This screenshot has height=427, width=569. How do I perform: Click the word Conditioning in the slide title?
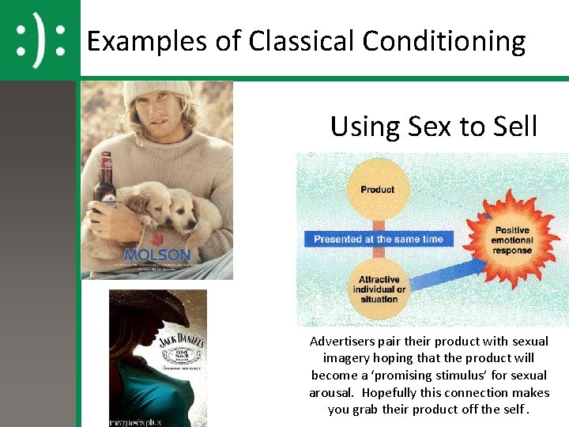(x=447, y=41)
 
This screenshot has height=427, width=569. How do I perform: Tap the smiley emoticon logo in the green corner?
(x=40, y=40)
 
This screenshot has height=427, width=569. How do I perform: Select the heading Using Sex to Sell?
(x=434, y=126)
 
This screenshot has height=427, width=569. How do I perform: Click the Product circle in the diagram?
(x=377, y=190)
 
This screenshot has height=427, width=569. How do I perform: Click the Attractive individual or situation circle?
(x=379, y=289)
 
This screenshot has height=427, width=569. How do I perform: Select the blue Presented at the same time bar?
(x=378, y=239)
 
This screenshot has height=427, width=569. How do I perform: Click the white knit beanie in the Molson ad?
(x=156, y=94)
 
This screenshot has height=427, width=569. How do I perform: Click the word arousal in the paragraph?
(x=332, y=392)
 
